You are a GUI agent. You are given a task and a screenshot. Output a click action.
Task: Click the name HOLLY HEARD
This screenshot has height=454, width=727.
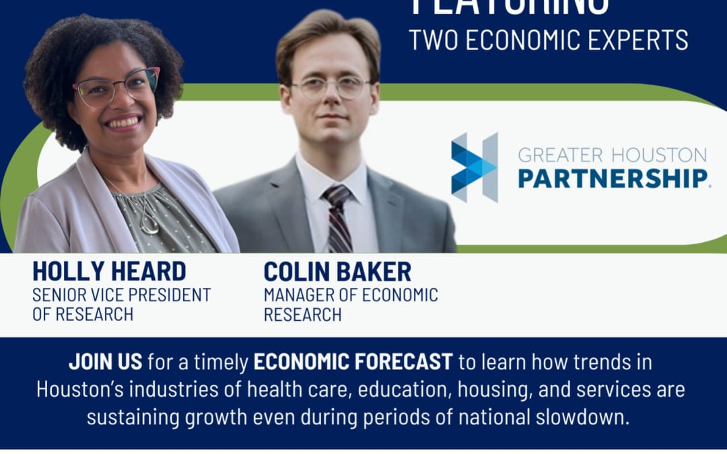[109, 271]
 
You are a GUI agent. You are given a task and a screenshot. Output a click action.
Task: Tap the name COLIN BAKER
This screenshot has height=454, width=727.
[337, 271]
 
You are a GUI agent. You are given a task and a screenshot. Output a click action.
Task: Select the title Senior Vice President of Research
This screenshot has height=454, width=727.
[121, 304]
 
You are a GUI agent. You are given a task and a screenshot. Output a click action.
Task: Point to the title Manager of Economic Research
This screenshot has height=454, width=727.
[350, 304]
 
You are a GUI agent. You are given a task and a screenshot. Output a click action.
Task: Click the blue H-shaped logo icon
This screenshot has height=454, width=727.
[474, 167]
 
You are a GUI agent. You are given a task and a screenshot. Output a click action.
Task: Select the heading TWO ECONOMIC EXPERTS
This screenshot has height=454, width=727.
[549, 40]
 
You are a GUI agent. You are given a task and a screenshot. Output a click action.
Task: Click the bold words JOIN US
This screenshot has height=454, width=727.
[105, 362]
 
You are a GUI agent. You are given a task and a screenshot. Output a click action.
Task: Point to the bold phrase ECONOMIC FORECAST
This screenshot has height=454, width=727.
[353, 362]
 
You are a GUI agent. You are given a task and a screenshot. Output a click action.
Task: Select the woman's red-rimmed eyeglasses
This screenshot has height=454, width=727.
[116, 87]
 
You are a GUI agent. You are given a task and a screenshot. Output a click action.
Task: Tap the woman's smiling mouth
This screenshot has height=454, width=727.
[123, 122]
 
